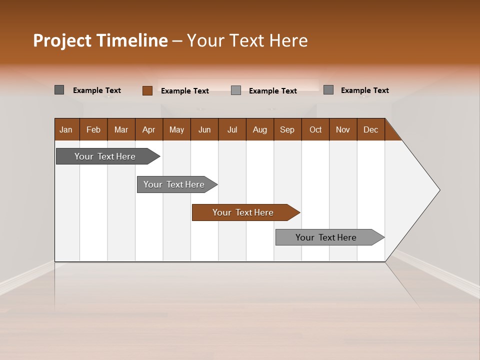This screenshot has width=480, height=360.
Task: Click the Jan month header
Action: (x=66, y=129)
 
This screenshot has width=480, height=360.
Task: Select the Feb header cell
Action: (x=93, y=129)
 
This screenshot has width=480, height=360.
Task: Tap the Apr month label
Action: (x=148, y=129)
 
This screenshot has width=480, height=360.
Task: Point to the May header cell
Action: (x=176, y=129)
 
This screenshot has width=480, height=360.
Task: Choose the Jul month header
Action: (x=232, y=129)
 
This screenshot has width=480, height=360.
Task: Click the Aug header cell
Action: (x=259, y=129)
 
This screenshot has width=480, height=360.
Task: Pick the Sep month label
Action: (x=287, y=129)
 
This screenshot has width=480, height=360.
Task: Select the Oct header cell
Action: (x=315, y=129)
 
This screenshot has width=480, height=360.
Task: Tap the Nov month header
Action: (x=342, y=129)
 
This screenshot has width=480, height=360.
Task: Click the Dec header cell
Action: (x=370, y=129)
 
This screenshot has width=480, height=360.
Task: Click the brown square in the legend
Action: (x=147, y=90)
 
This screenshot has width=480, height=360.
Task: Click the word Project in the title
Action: (x=62, y=40)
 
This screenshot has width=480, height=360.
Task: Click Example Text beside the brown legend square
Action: (x=185, y=91)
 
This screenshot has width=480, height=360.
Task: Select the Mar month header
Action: (x=121, y=129)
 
